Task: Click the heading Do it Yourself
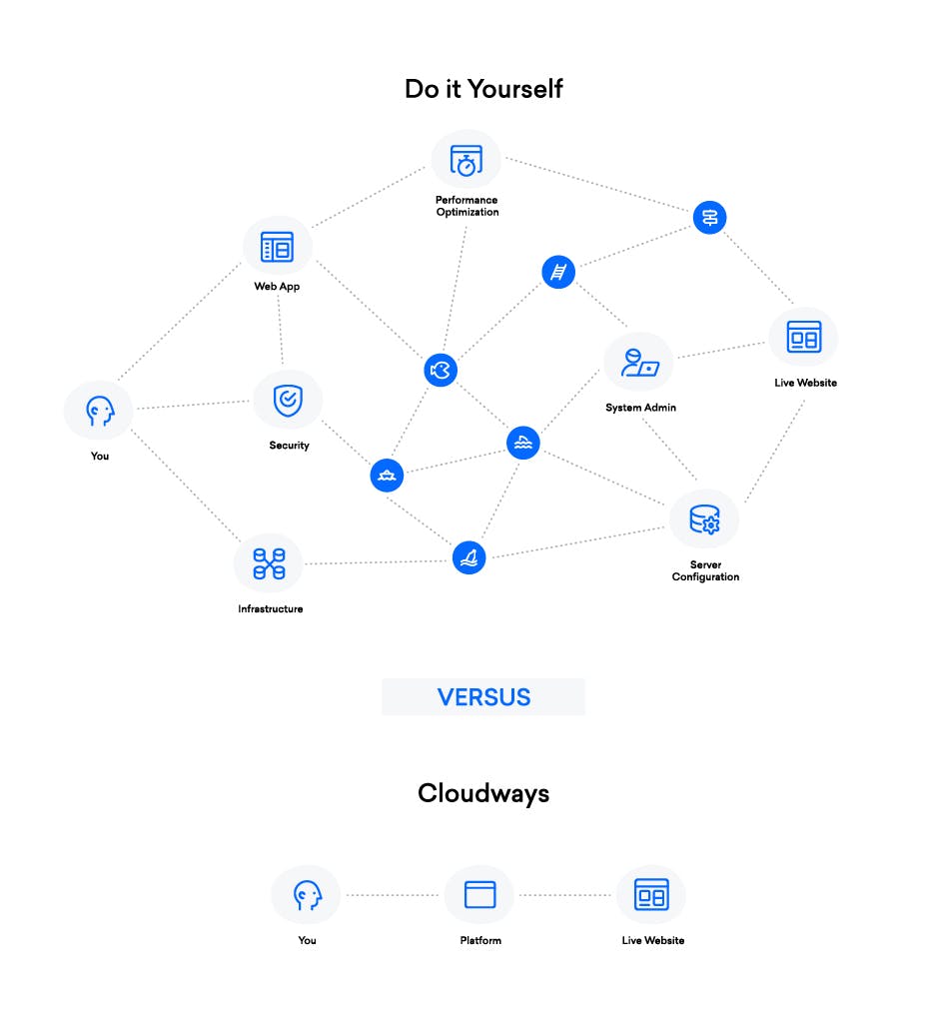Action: (x=483, y=89)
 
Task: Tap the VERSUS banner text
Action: (x=483, y=696)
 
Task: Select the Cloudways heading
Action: (x=483, y=793)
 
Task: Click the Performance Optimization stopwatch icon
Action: (x=466, y=161)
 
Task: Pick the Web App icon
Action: (x=277, y=247)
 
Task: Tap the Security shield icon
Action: (x=288, y=401)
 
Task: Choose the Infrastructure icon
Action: (x=269, y=563)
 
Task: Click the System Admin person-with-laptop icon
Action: (x=638, y=363)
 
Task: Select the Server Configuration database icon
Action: (x=704, y=519)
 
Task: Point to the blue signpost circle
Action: (x=709, y=217)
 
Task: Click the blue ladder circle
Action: (x=558, y=272)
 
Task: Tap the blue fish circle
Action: (x=440, y=371)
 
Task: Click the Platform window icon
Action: (x=479, y=894)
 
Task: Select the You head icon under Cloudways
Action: (x=307, y=894)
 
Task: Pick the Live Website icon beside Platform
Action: (x=651, y=894)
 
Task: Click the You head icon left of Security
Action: (x=99, y=410)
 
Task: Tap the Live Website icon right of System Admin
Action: (x=803, y=338)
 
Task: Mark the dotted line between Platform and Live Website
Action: (x=565, y=895)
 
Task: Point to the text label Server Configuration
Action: (x=705, y=571)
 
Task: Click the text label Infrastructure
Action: (x=270, y=608)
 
